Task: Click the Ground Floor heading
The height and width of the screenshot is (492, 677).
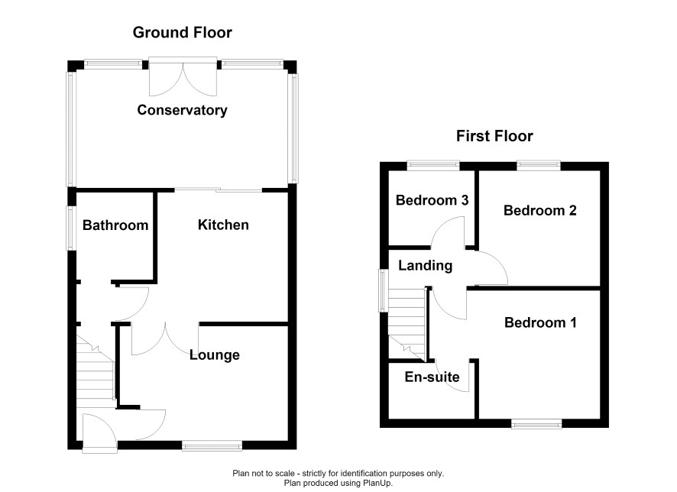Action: [182, 32]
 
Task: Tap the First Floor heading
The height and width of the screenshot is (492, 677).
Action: [494, 136]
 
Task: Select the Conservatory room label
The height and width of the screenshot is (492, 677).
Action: [182, 110]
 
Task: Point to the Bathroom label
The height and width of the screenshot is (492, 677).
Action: [115, 225]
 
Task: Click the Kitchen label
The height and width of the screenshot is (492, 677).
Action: [223, 225]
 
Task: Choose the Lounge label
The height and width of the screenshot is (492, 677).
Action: [215, 354]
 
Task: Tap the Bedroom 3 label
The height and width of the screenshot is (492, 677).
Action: [432, 200]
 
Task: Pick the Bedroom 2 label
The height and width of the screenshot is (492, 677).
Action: [540, 210]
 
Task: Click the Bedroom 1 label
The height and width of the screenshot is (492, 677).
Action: [540, 322]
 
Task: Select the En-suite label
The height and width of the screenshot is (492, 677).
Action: [432, 377]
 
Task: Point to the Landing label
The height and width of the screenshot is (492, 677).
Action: [426, 265]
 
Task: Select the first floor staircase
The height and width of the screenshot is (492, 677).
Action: [407, 323]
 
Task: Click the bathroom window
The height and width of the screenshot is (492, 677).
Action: [70, 228]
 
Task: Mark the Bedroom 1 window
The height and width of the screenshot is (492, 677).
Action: [536, 424]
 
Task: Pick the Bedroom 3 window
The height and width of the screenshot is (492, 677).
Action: [433, 165]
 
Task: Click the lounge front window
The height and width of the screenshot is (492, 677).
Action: [212, 446]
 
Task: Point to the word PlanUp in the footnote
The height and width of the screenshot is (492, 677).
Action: [377, 483]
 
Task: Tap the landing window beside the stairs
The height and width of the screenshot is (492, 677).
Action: [383, 290]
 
